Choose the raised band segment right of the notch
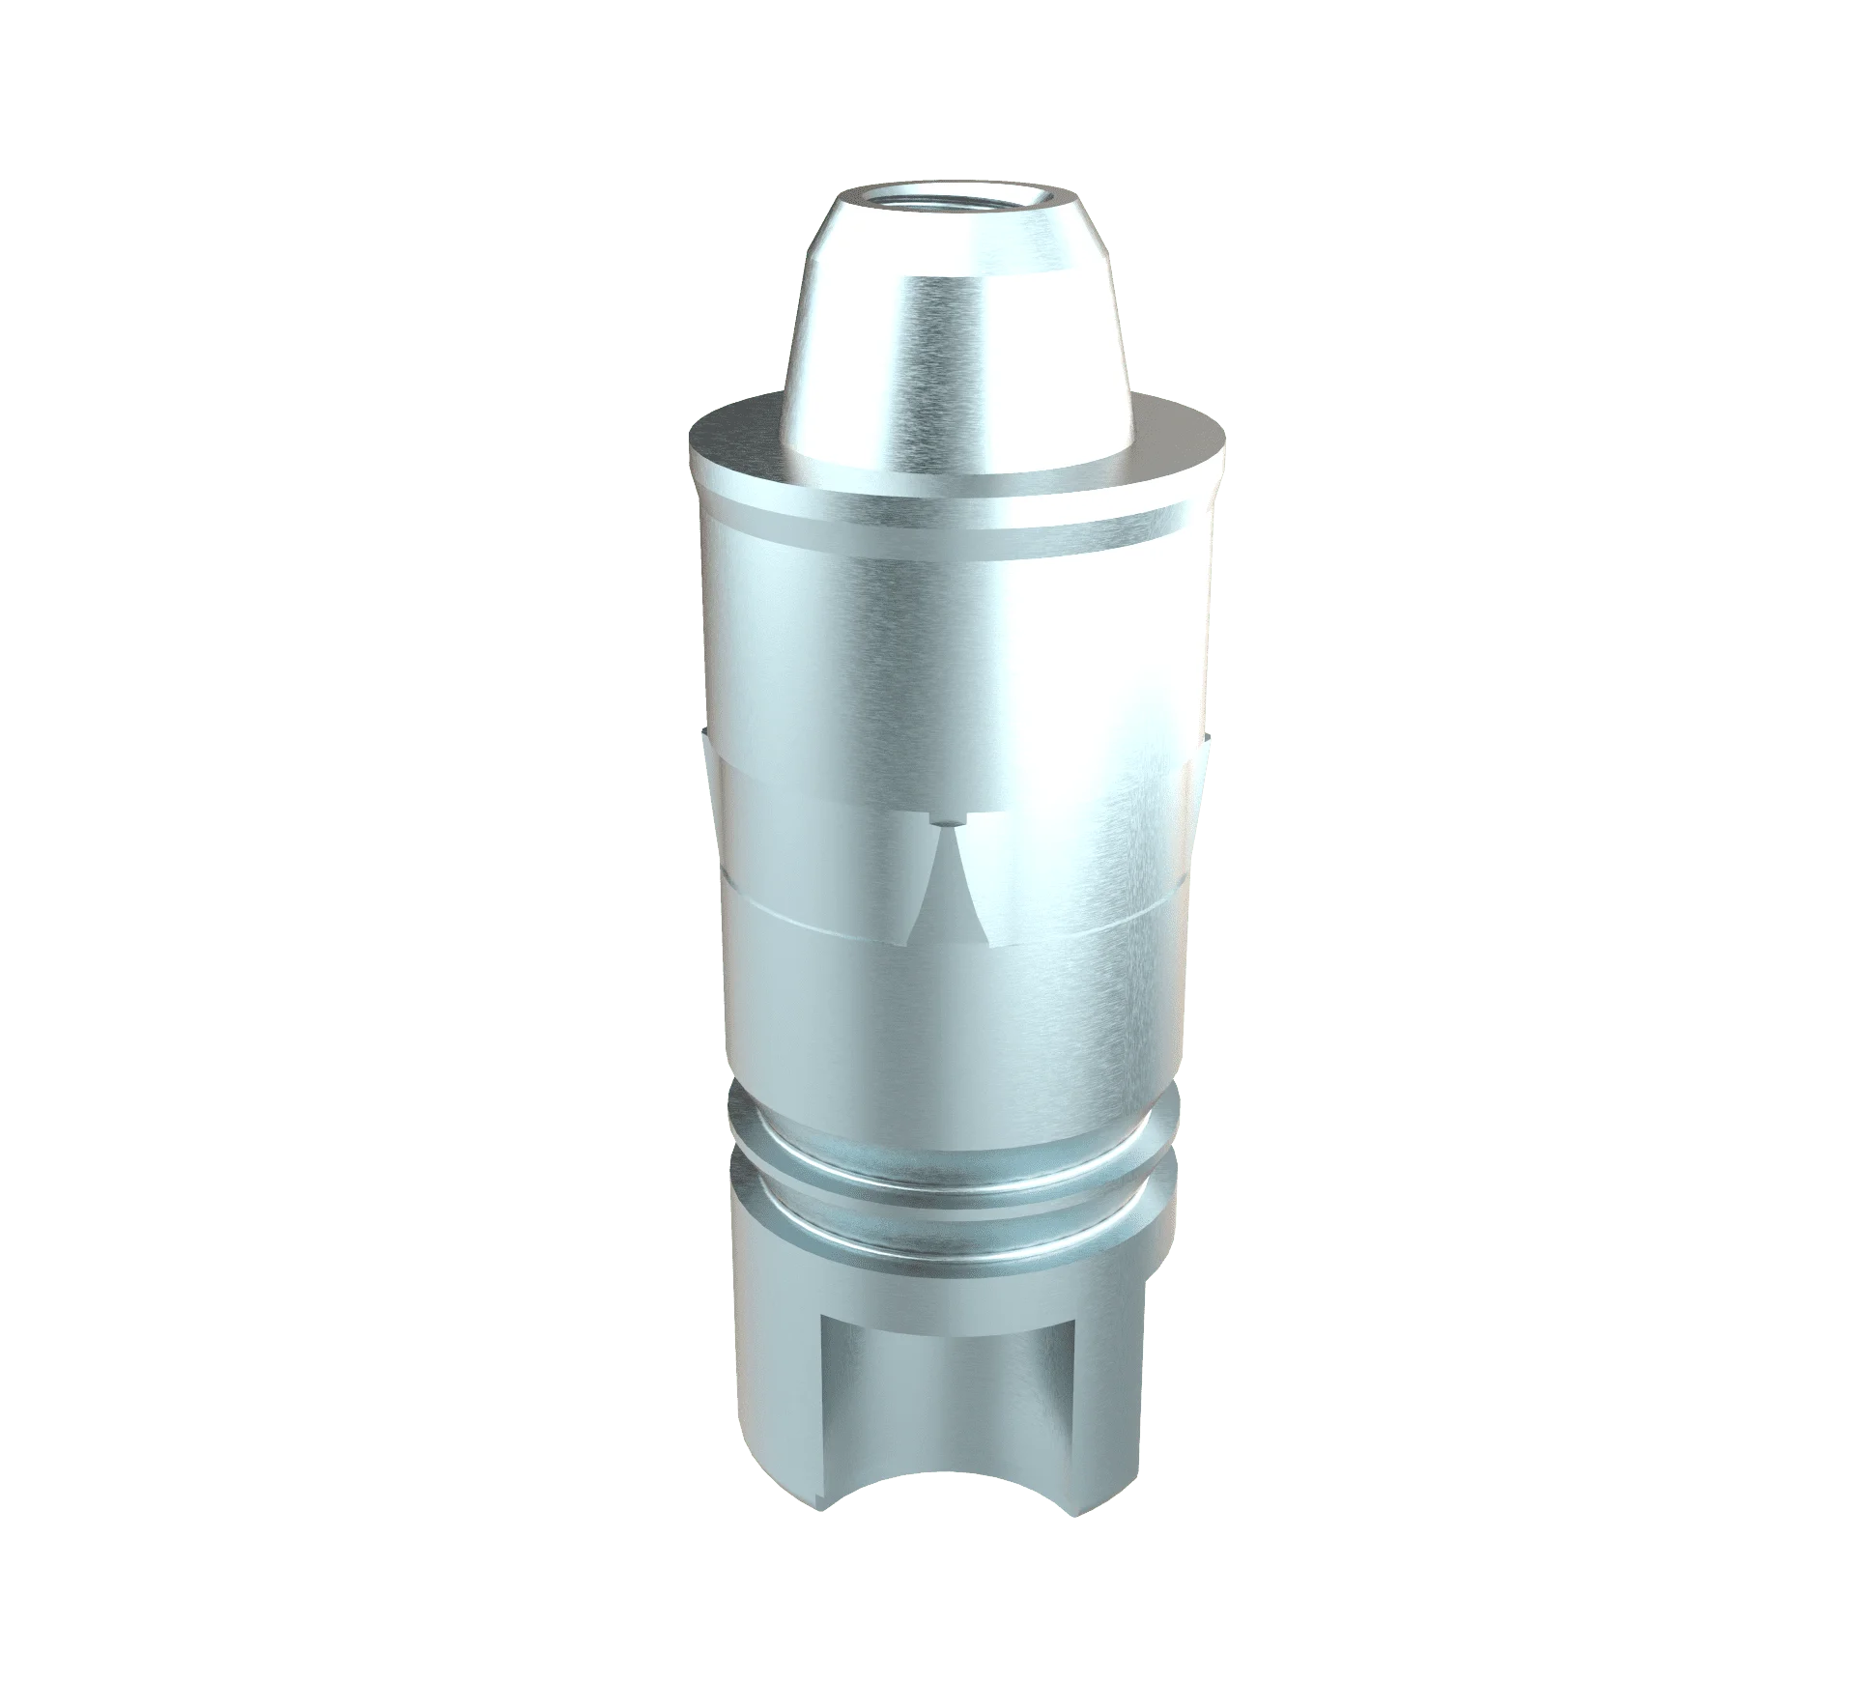(x=1082, y=850)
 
